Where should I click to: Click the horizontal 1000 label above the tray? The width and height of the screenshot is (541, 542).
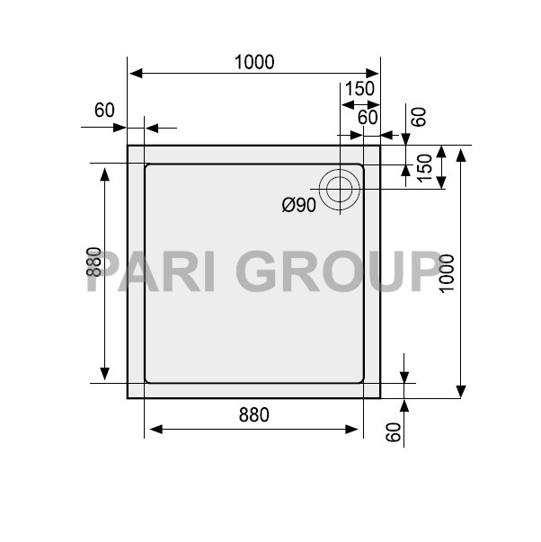[x=253, y=62]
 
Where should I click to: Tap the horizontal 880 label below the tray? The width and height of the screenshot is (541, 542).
[x=253, y=414]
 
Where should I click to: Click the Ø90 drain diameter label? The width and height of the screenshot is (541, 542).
[x=298, y=206]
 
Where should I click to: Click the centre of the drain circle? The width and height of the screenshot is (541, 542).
[x=341, y=189]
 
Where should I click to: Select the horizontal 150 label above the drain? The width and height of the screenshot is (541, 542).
[x=359, y=88]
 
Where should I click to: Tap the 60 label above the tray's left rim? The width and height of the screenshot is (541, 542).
[x=104, y=111]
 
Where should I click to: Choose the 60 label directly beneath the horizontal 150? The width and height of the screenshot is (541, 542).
[x=368, y=117]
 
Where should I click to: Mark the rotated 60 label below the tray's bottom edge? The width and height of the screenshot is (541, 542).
[x=393, y=431]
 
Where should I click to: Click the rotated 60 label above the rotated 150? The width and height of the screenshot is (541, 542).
[x=418, y=117]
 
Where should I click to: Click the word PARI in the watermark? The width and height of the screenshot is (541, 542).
[x=153, y=271]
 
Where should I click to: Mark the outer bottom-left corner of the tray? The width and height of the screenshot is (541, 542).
[x=129, y=397]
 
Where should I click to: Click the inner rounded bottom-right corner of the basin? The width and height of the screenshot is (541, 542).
[x=360, y=379]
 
